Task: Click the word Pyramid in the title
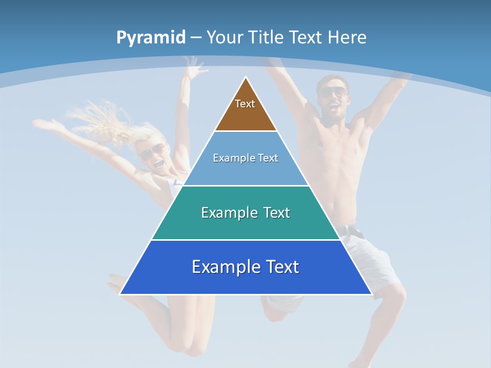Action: [150, 37]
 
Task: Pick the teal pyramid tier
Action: [245, 225]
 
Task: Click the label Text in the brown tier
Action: [245, 104]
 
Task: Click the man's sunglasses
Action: [333, 92]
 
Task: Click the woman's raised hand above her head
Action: [192, 66]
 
